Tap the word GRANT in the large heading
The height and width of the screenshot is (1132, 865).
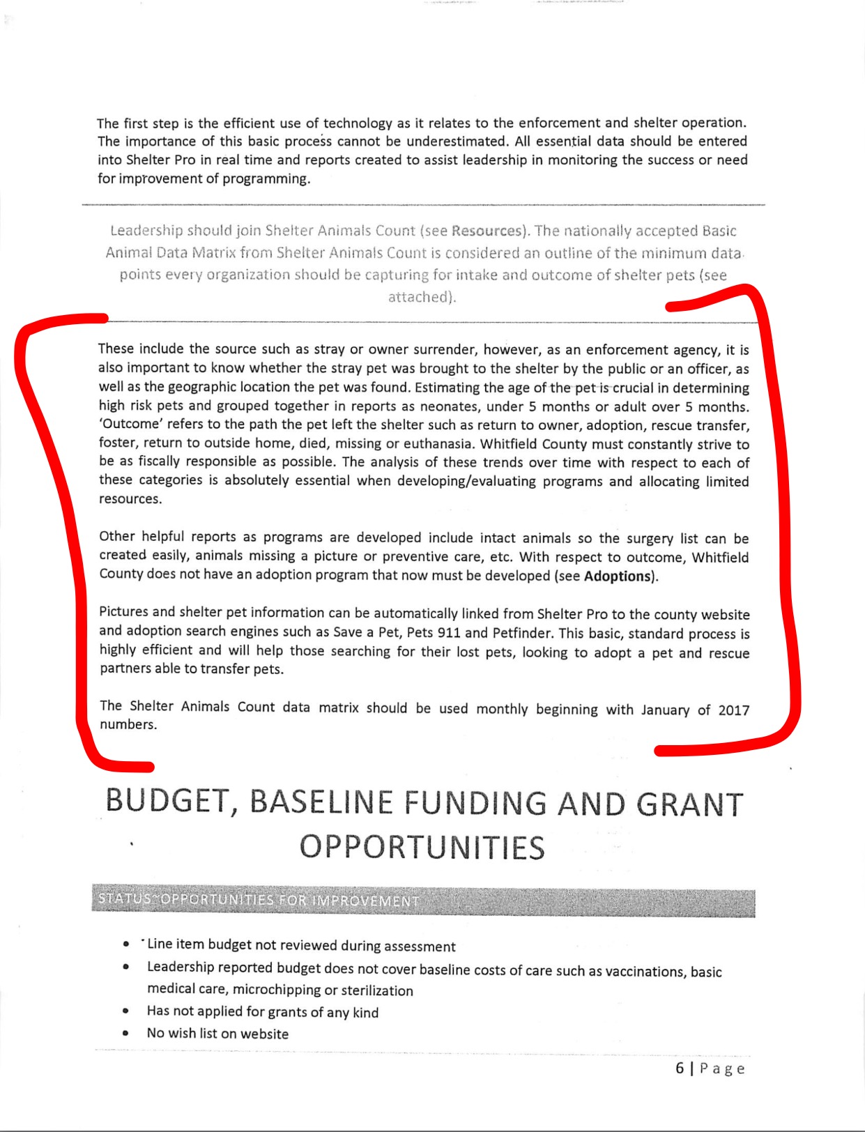click(690, 804)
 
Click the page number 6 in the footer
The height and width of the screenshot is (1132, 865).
click(680, 1069)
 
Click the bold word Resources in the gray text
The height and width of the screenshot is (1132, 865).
click(487, 231)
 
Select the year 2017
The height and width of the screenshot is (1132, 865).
click(733, 710)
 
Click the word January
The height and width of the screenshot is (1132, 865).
click(666, 710)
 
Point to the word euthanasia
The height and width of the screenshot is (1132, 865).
click(438, 444)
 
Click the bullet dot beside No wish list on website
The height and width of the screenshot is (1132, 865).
click(125, 1034)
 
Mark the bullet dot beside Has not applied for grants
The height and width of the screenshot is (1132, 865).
click(125, 1011)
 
